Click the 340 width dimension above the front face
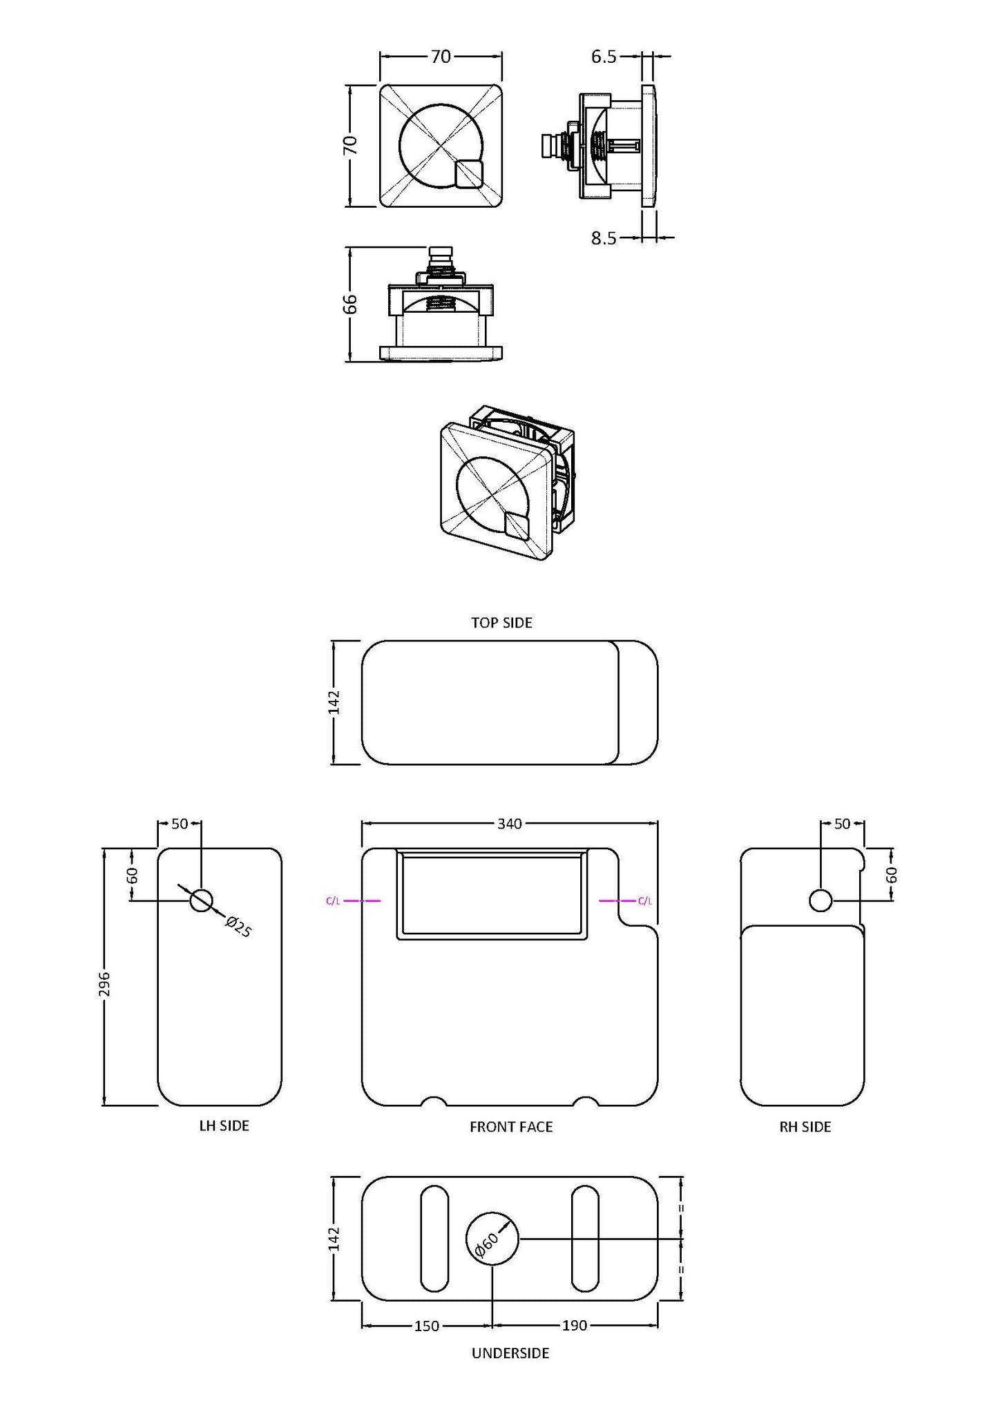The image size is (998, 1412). click(510, 823)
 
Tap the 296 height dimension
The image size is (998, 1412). click(104, 984)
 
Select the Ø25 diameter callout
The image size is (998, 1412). click(239, 927)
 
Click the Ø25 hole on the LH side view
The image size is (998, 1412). click(201, 900)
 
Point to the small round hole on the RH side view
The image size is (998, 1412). click(821, 900)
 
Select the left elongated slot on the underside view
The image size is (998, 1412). click(434, 1239)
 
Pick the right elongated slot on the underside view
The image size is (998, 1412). click(585, 1239)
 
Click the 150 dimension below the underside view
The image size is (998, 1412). click(426, 1326)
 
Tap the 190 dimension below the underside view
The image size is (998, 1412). click(575, 1326)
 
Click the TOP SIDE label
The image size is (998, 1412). click(501, 623)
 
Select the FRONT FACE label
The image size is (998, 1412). click(511, 1127)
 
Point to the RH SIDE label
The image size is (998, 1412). click(805, 1127)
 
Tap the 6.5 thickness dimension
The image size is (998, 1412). click(604, 57)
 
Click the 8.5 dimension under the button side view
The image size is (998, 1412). click(604, 238)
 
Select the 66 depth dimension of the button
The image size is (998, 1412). click(351, 304)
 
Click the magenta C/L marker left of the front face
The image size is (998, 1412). click(333, 901)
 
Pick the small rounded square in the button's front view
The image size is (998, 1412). click(469, 173)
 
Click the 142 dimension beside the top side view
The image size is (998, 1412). click(334, 702)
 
